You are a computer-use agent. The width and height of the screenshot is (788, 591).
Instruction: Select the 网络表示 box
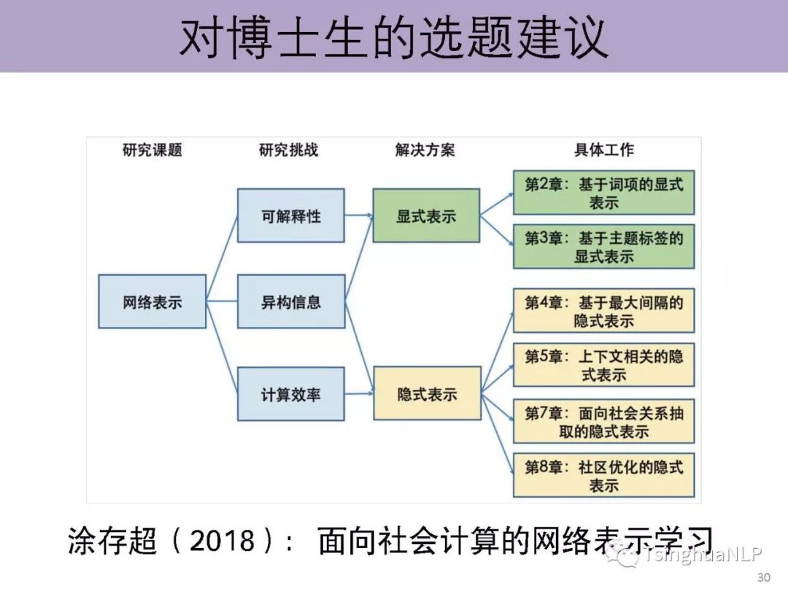tap(152, 301)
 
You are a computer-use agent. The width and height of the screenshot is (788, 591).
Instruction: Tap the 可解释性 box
tap(290, 216)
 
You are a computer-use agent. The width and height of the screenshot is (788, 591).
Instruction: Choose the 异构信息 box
tap(290, 301)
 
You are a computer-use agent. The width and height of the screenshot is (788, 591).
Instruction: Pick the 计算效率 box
tap(290, 394)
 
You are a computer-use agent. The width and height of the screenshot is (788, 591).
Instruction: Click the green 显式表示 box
tap(426, 216)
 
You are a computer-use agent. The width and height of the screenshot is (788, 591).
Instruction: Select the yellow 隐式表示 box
tap(427, 394)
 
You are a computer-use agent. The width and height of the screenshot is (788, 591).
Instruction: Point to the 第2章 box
tap(603, 193)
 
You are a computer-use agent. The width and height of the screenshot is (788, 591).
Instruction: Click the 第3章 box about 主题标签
tap(603, 247)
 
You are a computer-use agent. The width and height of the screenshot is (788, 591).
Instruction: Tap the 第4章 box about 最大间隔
tap(603, 311)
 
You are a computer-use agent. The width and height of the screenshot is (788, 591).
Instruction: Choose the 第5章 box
tap(603, 365)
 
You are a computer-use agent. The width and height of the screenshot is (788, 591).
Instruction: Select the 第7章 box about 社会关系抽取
tap(603, 421)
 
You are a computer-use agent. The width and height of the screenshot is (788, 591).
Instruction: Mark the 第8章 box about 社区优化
tap(603, 476)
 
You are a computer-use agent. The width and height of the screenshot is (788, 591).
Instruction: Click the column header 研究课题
tap(152, 150)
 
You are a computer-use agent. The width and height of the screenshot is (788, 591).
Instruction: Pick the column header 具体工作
tap(603, 150)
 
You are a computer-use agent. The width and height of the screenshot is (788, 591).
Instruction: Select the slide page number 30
tap(764, 578)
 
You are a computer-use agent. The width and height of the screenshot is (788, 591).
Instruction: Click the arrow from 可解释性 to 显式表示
tap(358, 215)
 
